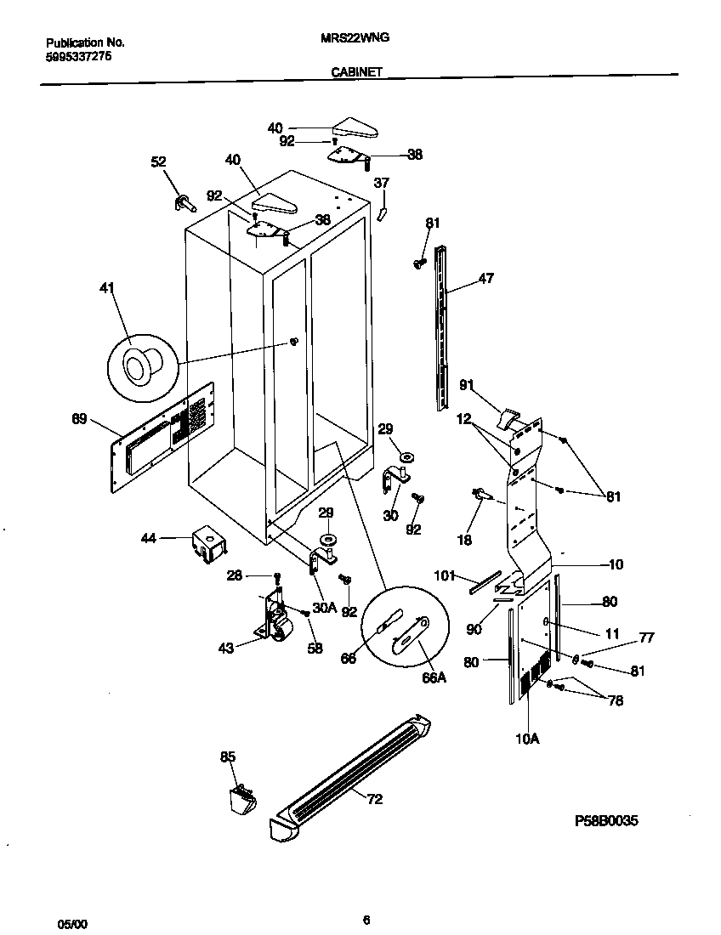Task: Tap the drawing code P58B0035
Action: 605,821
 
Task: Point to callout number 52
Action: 159,161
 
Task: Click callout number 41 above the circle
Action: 107,288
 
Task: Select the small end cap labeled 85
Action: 241,799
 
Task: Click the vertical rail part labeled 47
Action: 441,327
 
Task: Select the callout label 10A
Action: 527,739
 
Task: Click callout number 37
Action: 382,183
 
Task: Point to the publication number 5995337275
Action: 77,56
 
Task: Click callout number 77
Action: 646,637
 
